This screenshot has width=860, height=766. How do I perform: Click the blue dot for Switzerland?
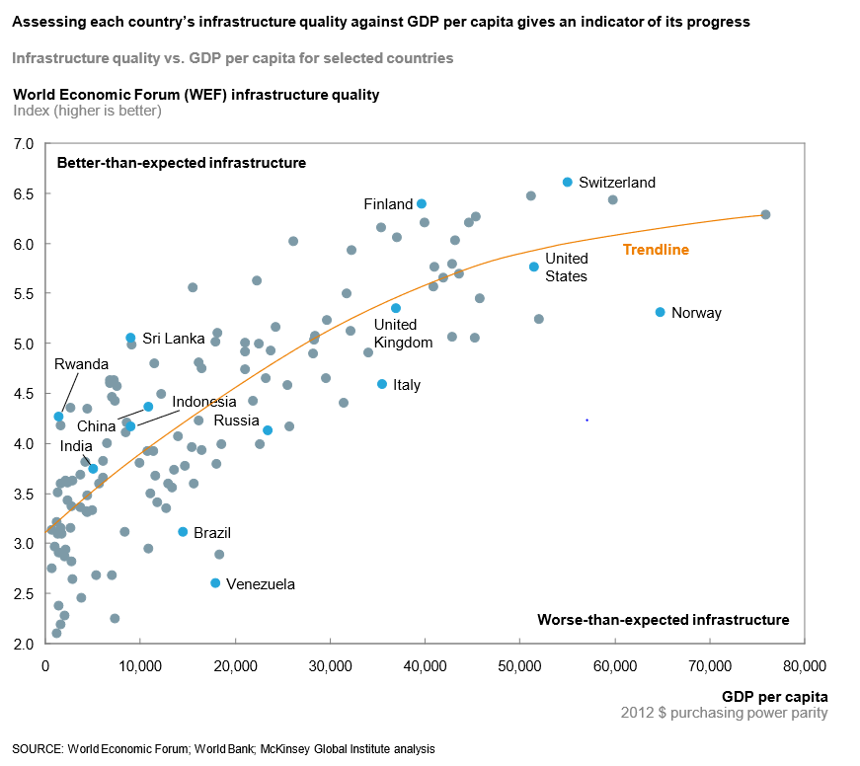[568, 183]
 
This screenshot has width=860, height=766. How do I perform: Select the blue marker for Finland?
[422, 203]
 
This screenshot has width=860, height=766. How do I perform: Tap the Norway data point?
[661, 312]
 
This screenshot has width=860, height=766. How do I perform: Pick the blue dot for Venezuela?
[215, 583]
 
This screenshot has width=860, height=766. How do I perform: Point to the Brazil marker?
[183, 532]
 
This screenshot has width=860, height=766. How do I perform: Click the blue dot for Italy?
[382, 384]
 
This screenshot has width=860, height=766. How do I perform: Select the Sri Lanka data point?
[130, 338]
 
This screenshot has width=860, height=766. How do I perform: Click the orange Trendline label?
[656, 251]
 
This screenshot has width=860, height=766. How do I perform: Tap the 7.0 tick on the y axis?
[25, 144]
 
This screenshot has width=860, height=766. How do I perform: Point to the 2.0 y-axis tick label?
[25, 644]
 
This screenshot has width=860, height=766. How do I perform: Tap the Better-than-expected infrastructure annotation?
[182, 162]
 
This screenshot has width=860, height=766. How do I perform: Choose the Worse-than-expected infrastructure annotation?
[663, 620]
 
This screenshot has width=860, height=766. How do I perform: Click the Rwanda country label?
[81, 364]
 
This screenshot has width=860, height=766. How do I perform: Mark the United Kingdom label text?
[403, 334]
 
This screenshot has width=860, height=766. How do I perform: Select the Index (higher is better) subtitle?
[87, 111]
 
